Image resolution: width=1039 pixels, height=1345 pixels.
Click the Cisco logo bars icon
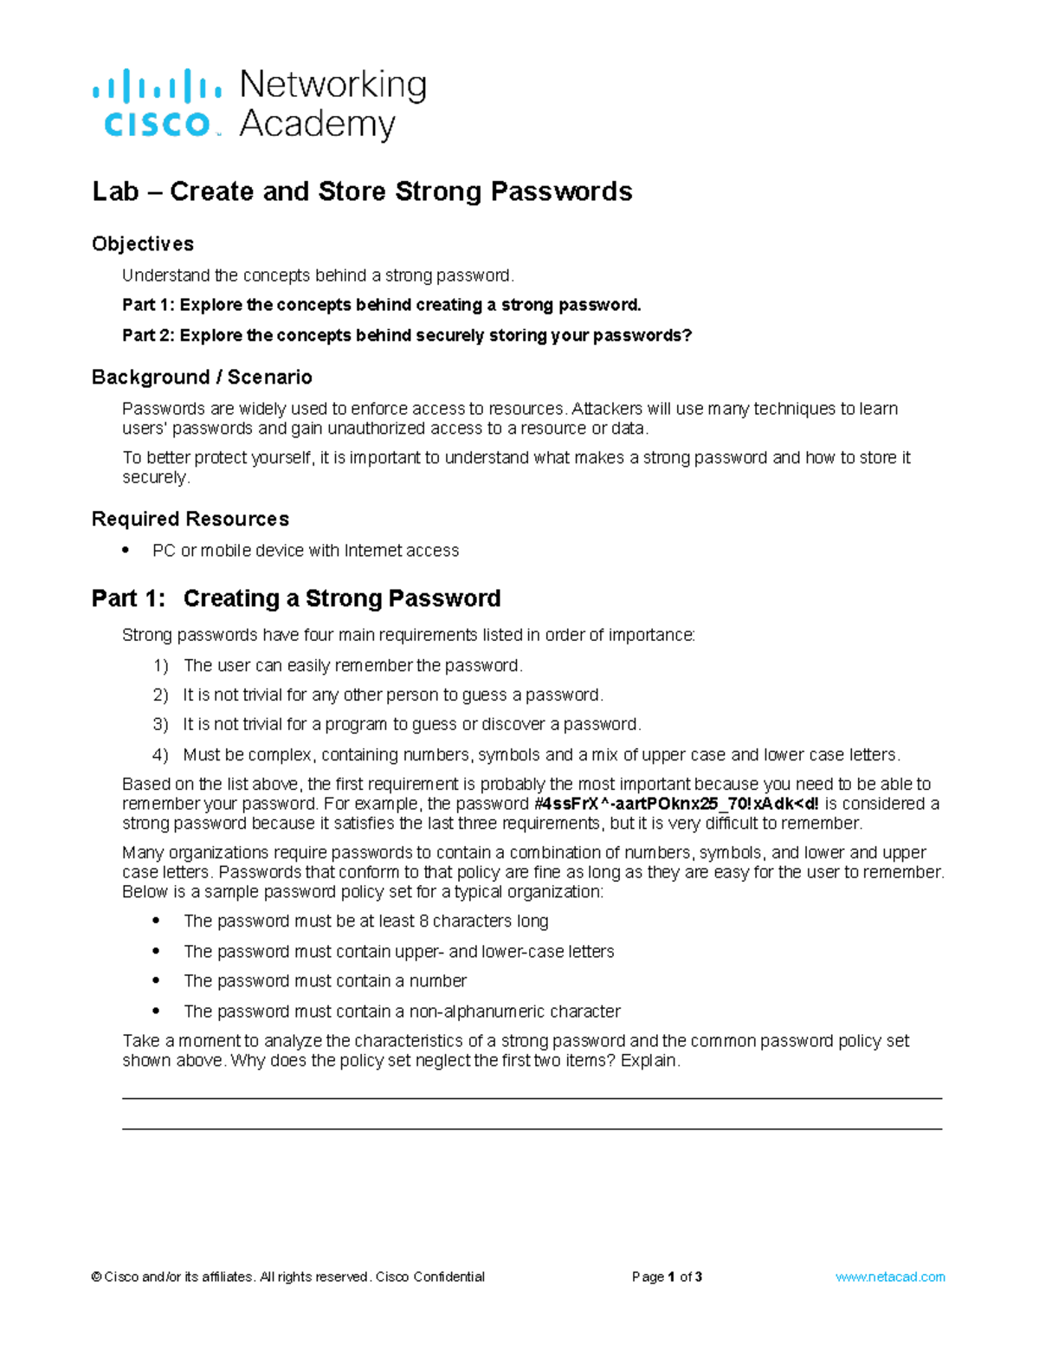[x=156, y=87]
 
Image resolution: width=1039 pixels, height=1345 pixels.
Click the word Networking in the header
[x=332, y=86]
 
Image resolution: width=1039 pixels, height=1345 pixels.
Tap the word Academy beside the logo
[x=317, y=125]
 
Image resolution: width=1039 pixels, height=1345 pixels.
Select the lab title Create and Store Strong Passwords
[x=362, y=191]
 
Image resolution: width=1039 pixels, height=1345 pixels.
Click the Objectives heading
[x=143, y=244]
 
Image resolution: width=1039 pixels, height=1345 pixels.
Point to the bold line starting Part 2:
[x=407, y=335]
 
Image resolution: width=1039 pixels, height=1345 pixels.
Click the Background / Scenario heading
[x=202, y=378]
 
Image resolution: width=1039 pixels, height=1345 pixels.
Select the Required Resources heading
[x=190, y=520]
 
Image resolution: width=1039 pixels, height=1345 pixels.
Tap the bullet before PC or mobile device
[x=126, y=550]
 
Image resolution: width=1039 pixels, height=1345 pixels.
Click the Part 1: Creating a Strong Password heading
[x=296, y=599]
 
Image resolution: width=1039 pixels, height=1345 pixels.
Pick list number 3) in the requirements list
[x=160, y=725]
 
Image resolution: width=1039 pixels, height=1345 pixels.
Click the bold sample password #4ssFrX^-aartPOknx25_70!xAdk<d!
[x=675, y=805]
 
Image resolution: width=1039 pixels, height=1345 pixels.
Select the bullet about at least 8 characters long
[x=157, y=921]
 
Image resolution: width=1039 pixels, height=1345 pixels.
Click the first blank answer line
[x=532, y=1098]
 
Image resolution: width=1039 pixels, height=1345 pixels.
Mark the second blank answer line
[x=532, y=1128]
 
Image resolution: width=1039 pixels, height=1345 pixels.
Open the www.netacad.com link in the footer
[x=890, y=1277]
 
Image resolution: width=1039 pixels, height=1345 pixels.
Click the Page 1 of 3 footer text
[x=667, y=1277]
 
